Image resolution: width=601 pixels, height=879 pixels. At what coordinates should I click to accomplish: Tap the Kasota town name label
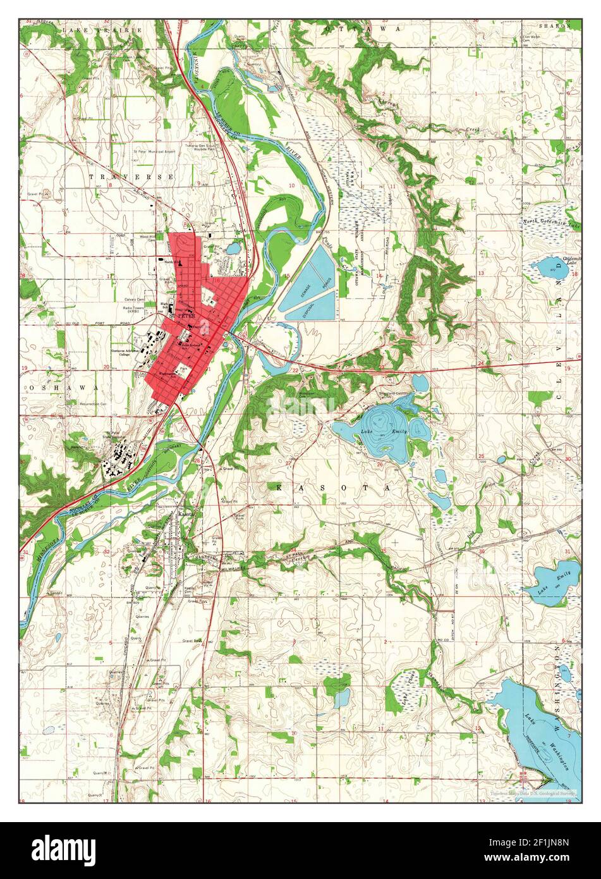click(x=187, y=515)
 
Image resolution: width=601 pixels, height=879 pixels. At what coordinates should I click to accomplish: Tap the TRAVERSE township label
click(x=131, y=177)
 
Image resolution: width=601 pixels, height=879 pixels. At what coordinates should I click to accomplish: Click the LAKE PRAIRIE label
click(x=102, y=29)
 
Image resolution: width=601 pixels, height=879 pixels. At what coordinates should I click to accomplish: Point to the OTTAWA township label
click(x=363, y=29)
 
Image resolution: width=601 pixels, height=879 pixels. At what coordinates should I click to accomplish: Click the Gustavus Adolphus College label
click(x=130, y=352)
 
